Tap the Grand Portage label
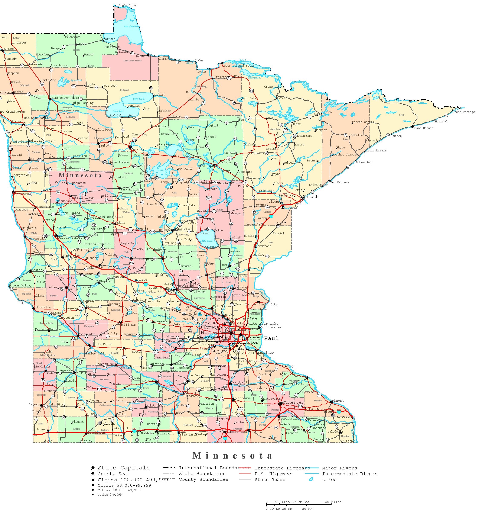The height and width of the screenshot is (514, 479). click(x=463, y=112)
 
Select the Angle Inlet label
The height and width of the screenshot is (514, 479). click(x=128, y=5)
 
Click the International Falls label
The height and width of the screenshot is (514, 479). click(x=238, y=66)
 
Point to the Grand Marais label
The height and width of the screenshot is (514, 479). click(x=423, y=128)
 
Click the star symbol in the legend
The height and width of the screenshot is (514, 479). click(x=93, y=468)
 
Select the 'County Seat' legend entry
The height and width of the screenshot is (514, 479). click(x=113, y=474)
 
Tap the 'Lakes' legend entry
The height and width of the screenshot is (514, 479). click(x=329, y=480)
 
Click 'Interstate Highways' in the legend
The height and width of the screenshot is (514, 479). click(x=282, y=468)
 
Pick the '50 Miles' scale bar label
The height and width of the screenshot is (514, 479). click(x=333, y=502)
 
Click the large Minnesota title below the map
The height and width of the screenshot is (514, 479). click(x=232, y=456)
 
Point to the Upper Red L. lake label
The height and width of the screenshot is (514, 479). click(x=139, y=99)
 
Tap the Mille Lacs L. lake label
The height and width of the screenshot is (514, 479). click(x=207, y=241)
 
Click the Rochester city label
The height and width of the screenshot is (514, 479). click(x=292, y=403)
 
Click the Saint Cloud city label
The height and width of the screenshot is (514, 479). click(x=191, y=292)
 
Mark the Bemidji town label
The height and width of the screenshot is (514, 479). click(x=139, y=149)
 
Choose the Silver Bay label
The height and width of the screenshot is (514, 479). click(x=364, y=162)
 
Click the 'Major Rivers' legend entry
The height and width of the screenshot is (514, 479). click(x=339, y=468)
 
